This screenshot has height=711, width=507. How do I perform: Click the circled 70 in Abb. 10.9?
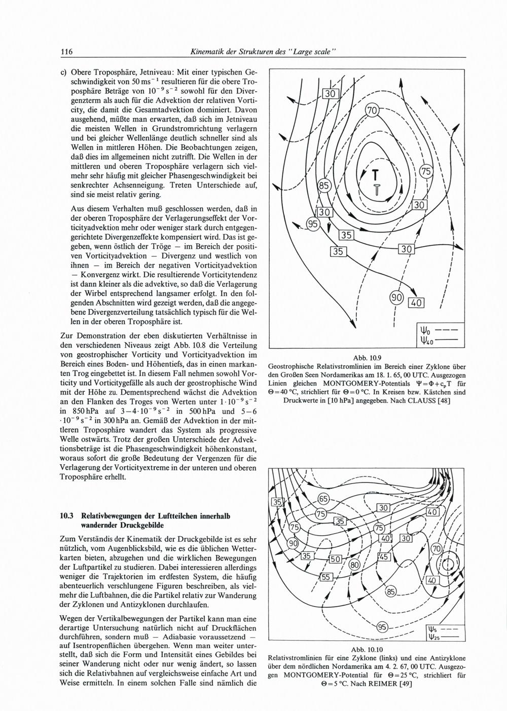pos(372,110)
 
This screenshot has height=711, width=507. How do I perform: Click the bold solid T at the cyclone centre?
pos(376,175)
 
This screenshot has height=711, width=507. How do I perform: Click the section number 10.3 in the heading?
pos(67,516)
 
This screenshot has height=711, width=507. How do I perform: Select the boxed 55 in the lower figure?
pos(325,577)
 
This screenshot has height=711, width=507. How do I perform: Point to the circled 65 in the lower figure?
pos(323,498)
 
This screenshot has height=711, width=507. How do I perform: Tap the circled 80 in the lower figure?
pos(355,564)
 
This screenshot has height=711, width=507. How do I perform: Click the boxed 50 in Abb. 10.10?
pos(335,559)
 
